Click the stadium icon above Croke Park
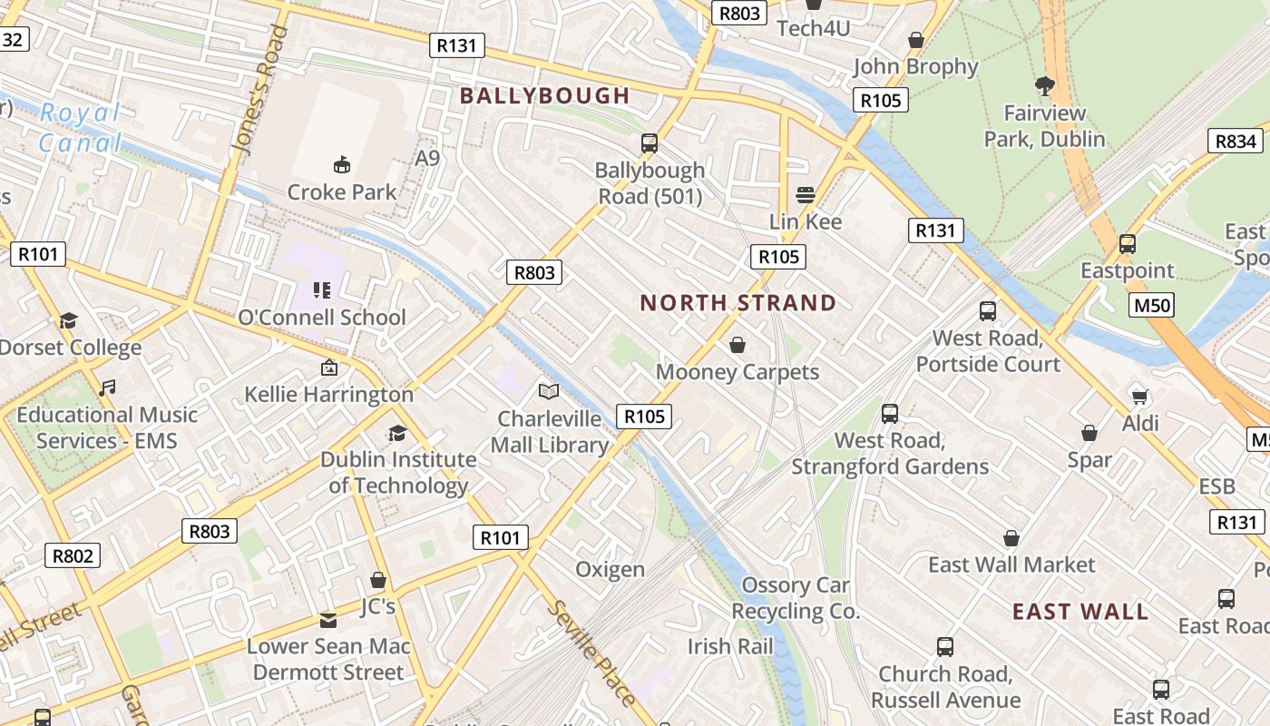(x=342, y=164)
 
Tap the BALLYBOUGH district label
(x=544, y=95)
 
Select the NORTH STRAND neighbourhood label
(x=738, y=303)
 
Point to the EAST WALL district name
(x=1080, y=612)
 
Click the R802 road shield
(x=73, y=555)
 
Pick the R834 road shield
(x=1236, y=141)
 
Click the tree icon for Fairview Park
(x=1044, y=86)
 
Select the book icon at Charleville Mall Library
(x=549, y=391)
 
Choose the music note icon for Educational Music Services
(x=107, y=388)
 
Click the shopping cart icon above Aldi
(x=1140, y=396)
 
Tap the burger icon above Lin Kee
(x=806, y=194)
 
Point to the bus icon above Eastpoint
(x=1127, y=243)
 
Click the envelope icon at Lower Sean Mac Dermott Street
(x=328, y=620)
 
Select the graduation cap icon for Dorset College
(x=68, y=320)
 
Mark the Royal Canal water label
(x=80, y=128)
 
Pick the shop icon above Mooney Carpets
(x=738, y=345)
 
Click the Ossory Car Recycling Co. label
(x=795, y=598)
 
